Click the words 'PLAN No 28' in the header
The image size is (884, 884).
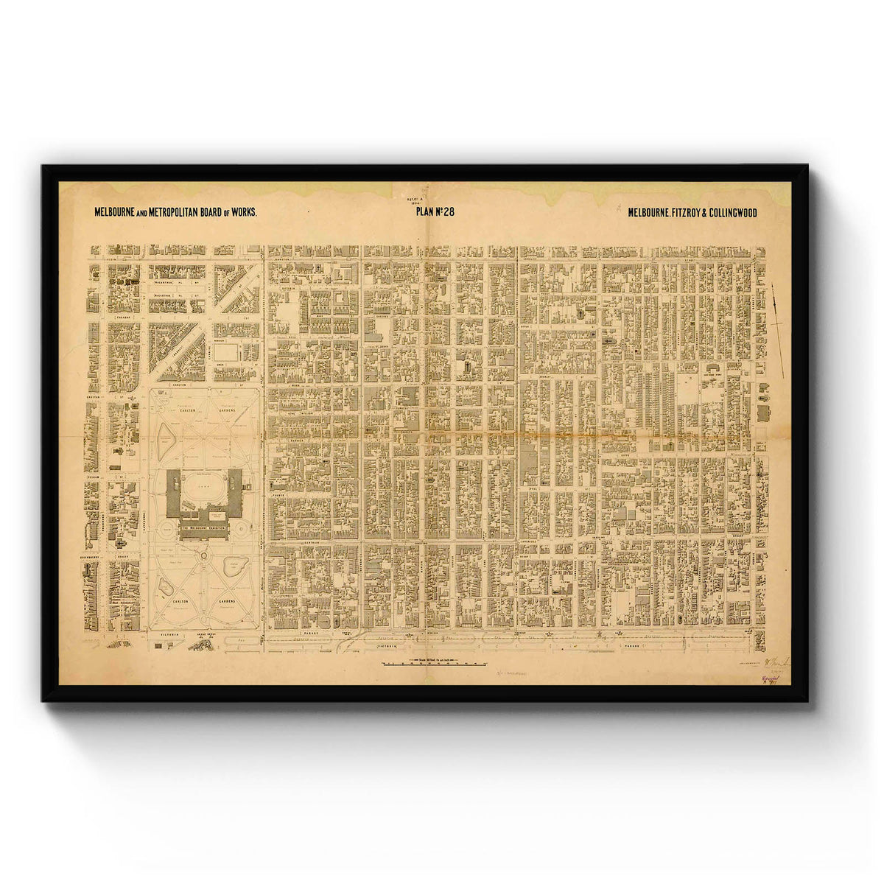click(x=441, y=212)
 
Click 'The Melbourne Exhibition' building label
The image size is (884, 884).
click(x=204, y=531)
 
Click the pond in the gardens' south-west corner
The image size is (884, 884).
click(x=167, y=585)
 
